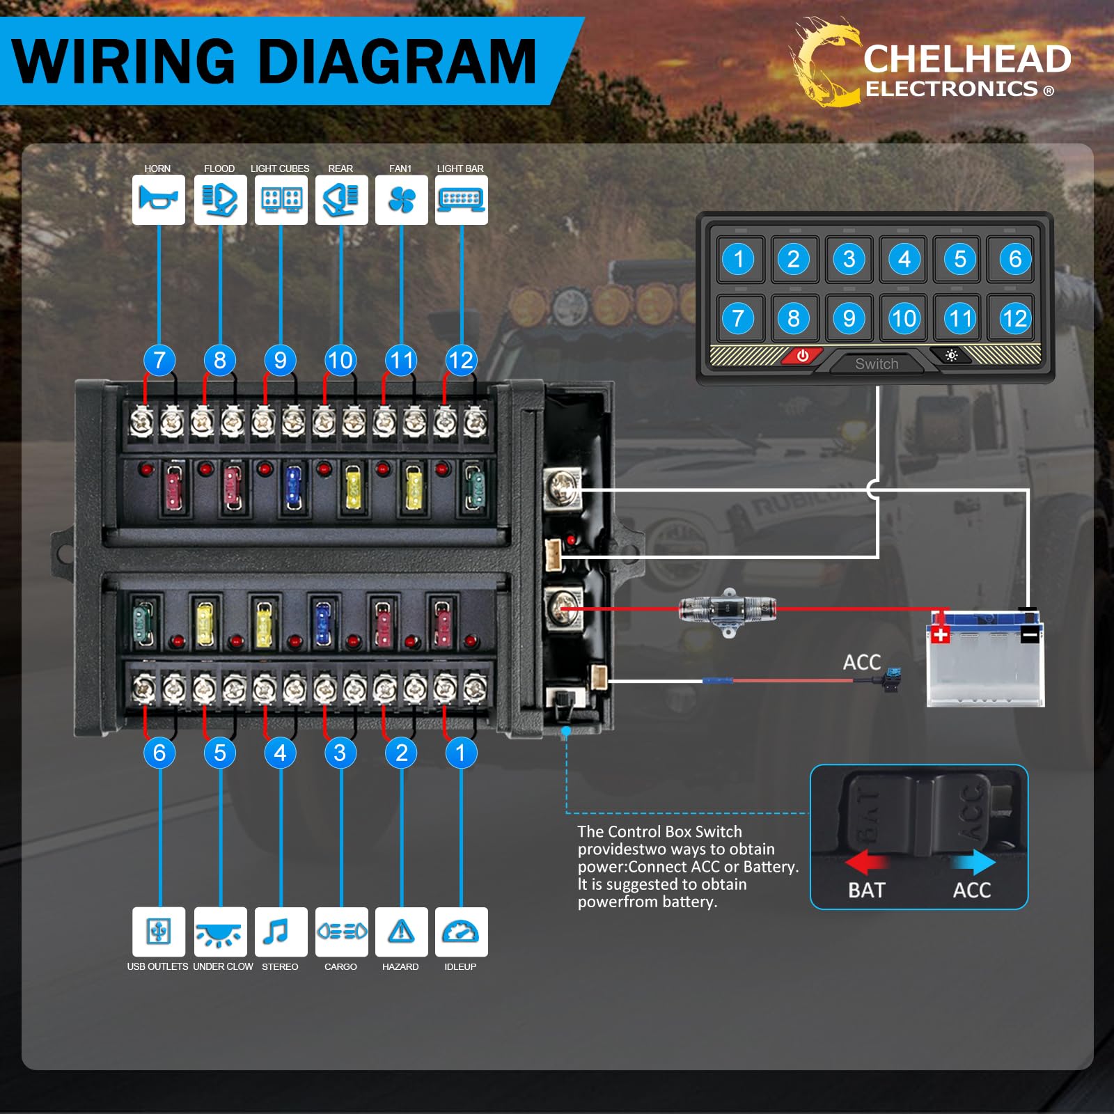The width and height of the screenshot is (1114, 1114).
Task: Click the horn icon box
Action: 159,200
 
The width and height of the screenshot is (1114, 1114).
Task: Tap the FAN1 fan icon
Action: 402,200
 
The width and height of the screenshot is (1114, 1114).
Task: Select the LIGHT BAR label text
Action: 460,168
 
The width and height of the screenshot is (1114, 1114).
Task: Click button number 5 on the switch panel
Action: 959,259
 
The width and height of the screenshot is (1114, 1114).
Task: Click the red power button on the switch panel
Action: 802,356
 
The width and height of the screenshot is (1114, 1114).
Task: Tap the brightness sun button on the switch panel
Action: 951,356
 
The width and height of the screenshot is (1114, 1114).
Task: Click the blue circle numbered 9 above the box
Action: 280,360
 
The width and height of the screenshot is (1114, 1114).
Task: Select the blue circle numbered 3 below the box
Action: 340,753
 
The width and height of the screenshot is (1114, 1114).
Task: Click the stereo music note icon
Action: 280,932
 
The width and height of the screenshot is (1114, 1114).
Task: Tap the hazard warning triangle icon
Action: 401,932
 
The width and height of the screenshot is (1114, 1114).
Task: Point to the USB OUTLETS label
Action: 157,966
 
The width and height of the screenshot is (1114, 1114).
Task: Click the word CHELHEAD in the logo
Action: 966,59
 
